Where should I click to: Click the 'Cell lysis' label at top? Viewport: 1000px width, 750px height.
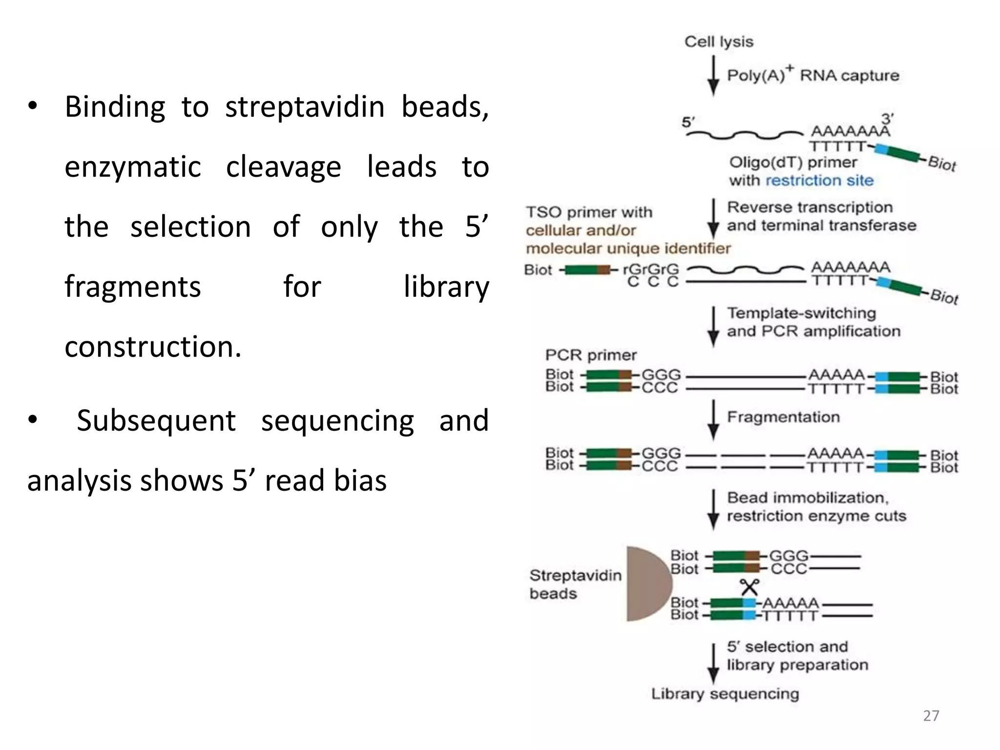[718, 42]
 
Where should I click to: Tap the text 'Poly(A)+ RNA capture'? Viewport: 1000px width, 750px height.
[813, 75]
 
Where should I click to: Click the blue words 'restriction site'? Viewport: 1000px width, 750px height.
[819, 181]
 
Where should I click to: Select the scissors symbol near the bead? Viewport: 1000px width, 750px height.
[749, 586]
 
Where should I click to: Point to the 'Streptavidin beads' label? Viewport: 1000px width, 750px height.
[575, 584]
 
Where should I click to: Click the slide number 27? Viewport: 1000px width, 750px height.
[931, 716]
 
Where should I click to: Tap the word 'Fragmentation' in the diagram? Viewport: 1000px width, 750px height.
[783, 417]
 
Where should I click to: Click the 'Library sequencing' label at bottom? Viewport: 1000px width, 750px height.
[725, 694]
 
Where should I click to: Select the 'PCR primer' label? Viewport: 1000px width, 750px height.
[591, 355]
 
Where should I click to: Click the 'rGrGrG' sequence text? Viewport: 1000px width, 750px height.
[651, 269]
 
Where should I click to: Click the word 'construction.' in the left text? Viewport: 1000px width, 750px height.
[153, 347]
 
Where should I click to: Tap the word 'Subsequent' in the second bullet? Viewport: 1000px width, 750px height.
[156, 420]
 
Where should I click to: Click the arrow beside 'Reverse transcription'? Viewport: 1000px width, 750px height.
[713, 218]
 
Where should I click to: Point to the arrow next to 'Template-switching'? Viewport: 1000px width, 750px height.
[713, 326]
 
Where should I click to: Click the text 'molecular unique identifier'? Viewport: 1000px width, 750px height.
[628, 249]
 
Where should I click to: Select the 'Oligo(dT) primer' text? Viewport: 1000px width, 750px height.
[793, 163]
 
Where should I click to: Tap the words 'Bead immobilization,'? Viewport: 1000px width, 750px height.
[808, 498]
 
